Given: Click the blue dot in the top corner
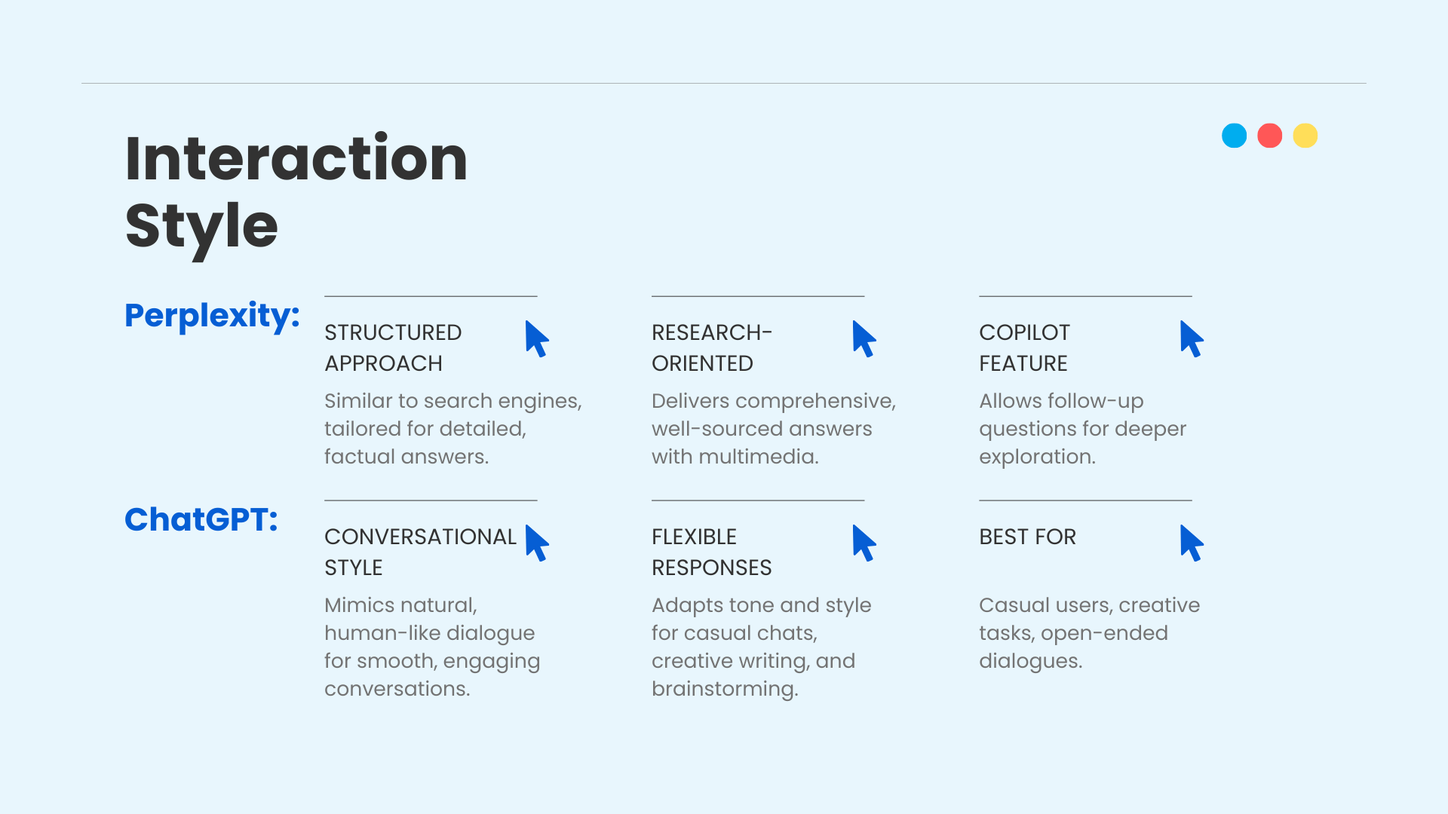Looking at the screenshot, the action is click(x=1234, y=136).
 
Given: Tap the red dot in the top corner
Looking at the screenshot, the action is click(x=1270, y=136).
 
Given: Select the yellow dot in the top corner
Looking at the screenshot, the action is click(x=1305, y=136).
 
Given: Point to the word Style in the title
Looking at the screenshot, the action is click(x=201, y=228).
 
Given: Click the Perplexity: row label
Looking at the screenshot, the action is click(x=212, y=316).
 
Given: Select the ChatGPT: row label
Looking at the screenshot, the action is click(x=201, y=519).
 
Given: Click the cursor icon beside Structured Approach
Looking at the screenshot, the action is click(x=536, y=339).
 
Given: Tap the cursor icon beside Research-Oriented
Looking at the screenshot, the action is click(x=864, y=339).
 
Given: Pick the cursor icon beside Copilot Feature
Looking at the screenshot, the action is click(x=1191, y=339).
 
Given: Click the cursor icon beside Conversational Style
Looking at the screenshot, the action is click(x=536, y=543).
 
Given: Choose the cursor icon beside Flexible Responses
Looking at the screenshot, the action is click(x=864, y=543).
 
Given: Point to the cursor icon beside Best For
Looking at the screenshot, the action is click(x=1191, y=543).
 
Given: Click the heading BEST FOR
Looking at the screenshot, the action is click(x=1027, y=537).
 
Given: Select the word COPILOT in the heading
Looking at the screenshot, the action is click(x=1024, y=332).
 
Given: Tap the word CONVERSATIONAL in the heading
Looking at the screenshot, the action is click(x=420, y=537).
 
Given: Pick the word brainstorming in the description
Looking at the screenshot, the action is click(x=725, y=689).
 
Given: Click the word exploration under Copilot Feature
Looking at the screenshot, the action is click(x=1037, y=457).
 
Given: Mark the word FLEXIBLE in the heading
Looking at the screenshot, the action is click(x=694, y=537).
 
